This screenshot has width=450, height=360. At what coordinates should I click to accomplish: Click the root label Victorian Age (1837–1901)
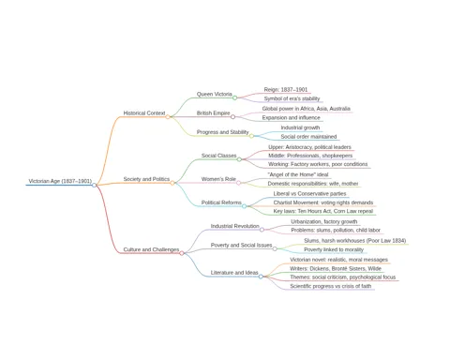pos(60,181)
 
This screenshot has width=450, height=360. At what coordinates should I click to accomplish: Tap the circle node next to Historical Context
pos(168,117)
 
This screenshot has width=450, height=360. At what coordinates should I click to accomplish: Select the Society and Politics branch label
pos(146,179)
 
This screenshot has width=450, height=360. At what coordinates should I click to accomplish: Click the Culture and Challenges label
pos(151,249)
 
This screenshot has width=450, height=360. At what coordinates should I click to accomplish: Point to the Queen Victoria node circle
pos(234,97)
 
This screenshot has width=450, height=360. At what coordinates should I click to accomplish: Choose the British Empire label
pos(213,112)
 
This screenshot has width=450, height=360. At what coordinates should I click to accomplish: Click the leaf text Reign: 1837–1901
pos(286,90)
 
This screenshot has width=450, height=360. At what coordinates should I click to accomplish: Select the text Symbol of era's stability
pos(292,98)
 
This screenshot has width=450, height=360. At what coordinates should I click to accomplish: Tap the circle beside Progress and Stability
pos(251,136)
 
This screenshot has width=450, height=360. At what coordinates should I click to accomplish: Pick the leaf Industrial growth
pos(300,127)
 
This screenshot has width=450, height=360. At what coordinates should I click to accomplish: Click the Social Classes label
pos(218,156)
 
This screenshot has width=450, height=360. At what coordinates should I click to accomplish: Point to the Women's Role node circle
pos(238,183)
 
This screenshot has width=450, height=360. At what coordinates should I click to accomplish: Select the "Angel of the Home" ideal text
pos(298,174)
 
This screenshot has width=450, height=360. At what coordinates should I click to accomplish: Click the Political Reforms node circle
pos(244,206)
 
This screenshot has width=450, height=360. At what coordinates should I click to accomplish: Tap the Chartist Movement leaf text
pos(323,202)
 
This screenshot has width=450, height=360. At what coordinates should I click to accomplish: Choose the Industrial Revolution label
pos(234,226)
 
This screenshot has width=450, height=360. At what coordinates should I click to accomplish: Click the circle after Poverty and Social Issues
pos(275,249)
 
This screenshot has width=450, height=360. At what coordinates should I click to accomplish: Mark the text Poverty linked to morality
pos(334,249)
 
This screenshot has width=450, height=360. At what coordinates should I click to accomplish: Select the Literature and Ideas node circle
pos(261,277)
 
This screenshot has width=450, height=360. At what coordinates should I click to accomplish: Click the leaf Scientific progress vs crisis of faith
pos(331,286)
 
